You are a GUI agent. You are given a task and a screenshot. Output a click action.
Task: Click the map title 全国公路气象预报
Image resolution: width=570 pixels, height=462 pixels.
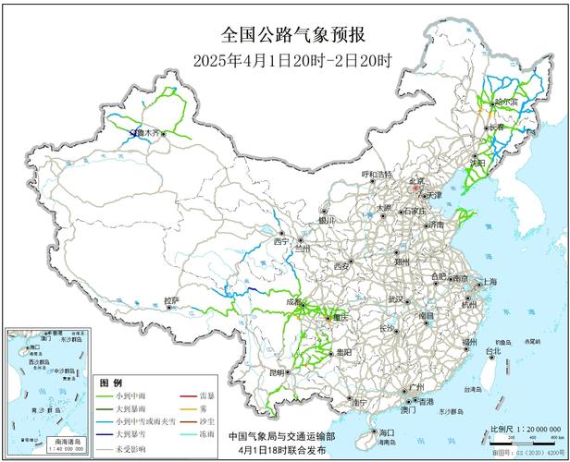[293, 35]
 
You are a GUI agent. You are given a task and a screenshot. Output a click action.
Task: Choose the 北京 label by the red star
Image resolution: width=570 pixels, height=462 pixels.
[417, 181]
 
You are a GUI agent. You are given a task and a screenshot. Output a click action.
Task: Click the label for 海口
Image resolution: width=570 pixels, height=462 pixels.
[386, 432]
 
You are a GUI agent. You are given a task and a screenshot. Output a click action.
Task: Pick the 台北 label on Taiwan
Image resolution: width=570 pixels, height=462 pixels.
[492, 351]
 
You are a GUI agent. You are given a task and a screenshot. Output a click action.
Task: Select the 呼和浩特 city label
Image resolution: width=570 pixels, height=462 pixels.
[377, 174]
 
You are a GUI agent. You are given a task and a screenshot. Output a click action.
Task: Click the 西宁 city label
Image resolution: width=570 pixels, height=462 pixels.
[281, 241]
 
